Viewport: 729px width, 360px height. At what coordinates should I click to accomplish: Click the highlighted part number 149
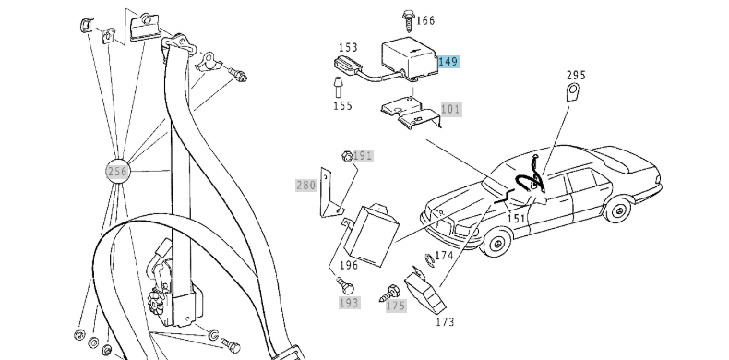tap(447, 62)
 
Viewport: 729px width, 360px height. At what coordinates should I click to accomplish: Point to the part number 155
tap(342, 106)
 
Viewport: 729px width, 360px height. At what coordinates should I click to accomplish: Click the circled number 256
tap(116, 171)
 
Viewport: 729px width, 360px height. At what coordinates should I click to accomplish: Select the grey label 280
tap(305, 185)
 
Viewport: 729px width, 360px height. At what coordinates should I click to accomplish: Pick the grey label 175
tap(396, 306)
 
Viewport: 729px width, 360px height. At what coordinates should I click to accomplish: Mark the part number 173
tap(445, 323)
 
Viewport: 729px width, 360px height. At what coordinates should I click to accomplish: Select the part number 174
tap(444, 255)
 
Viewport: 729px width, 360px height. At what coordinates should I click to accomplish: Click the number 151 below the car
tap(517, 219)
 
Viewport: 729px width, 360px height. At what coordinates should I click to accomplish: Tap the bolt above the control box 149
tap(406, 18)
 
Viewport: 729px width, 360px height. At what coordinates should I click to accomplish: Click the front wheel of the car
tap(496, 245)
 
